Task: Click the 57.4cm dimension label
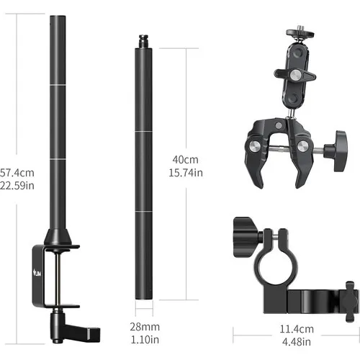17,173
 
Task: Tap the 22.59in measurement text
17,186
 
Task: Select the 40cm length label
186,160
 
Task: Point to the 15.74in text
186,173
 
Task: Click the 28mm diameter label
145,327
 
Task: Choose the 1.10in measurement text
145,340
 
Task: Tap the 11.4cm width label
297,329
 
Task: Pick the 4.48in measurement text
297,342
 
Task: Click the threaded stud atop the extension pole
143,41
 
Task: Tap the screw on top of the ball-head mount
300,27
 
